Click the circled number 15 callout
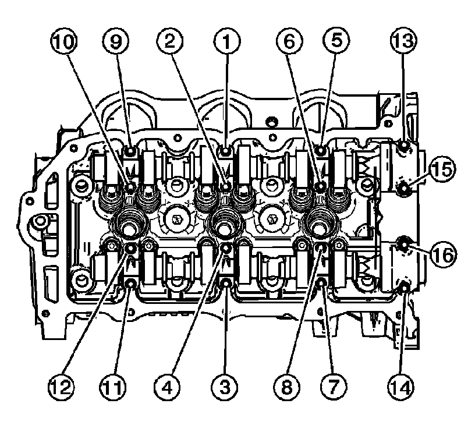(x=442, y=171)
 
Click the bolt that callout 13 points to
(x=403, y=147)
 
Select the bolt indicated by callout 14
(x=403, y=285)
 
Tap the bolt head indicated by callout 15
(x=403, y=187)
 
